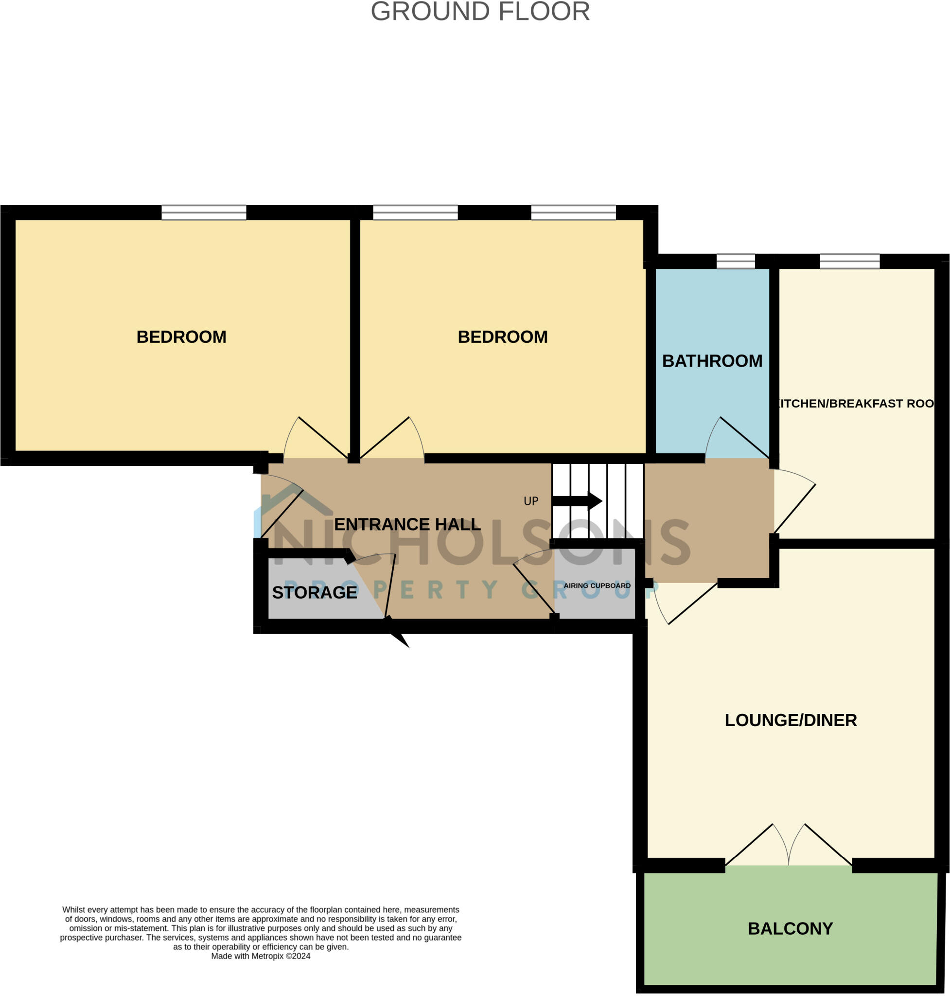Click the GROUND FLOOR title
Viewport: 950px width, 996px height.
[x=480, y=11]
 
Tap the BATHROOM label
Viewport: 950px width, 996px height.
[x=712, y=361]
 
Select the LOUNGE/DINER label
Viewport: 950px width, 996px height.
[x=791, y=720]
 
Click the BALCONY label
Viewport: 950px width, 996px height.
[x=790, y=928]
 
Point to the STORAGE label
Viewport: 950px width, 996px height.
[x=315, y=592]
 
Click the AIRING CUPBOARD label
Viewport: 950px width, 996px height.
[x=597, y=586]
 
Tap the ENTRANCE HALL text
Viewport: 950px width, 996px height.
[x=407, y=524]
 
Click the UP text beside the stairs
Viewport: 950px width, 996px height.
[x=531, y=501]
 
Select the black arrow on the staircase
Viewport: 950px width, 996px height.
[x=577, y=501]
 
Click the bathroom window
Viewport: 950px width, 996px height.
[x=735, y=262]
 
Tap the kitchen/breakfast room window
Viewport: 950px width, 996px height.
[x=849, y=262]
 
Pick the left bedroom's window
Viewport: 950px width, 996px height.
[x=204, y=212]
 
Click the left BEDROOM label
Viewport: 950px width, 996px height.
[x=181, y=337]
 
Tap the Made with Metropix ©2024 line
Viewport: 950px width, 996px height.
[x=260, y=956]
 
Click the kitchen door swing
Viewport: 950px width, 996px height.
[x=794, y=501]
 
